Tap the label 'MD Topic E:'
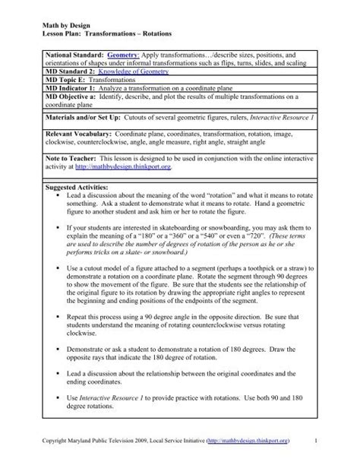(x=66, y=89)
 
